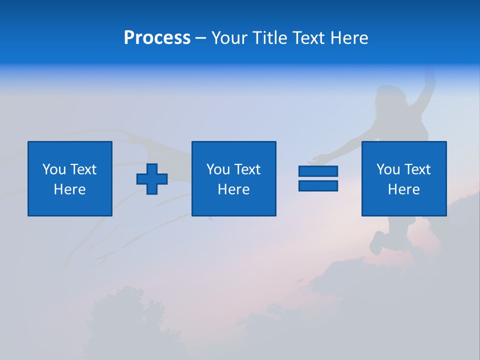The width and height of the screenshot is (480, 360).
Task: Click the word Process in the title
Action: coord(157,38)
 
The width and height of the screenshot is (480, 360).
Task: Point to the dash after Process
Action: coord(200,38)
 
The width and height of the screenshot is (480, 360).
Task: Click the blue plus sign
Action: coord(152,179)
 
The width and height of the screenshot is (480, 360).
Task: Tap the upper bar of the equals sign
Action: coord(318,171)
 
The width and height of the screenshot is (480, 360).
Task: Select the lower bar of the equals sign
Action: coord(318,186)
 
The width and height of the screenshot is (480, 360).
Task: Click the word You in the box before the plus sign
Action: coord(53,169)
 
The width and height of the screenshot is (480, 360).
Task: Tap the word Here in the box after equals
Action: coord(403,189)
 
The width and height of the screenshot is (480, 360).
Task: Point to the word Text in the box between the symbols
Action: coord(247,169)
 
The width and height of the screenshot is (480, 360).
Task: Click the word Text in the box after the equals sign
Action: coord(417,169)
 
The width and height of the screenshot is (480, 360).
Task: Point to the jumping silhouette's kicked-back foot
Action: coord(376,245)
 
